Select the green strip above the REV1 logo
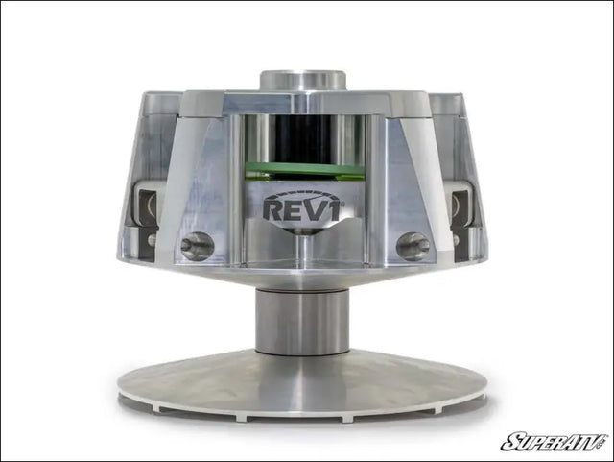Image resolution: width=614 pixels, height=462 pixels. click(x=304, y=171)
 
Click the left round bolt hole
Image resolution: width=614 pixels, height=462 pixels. click(x=197, y=246)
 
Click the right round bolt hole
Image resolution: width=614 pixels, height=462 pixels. click(x=413, y=246)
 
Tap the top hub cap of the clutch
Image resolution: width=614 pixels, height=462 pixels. click(x=304, y=80)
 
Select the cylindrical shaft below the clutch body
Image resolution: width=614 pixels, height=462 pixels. click(x=303, y=322)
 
